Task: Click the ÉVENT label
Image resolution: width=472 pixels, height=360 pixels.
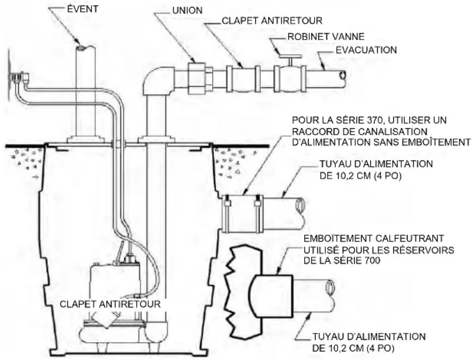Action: point(82,9)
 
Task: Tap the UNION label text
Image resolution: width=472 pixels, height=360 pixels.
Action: point(187,10)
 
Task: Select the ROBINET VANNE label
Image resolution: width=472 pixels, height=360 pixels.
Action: point(326,37)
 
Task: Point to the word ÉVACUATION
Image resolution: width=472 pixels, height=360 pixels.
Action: point(366,49)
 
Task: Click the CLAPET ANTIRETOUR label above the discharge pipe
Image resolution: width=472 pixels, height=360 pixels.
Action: point(272,21)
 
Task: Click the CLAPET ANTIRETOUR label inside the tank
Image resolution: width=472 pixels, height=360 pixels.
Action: point(110,304)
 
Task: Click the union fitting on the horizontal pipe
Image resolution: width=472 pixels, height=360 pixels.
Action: point(197,78)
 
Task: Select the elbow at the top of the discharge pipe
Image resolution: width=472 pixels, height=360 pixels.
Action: point(158,81)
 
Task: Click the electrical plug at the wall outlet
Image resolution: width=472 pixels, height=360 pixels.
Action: point(19,77)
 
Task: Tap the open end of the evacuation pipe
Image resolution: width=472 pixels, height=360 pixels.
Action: point(341,75)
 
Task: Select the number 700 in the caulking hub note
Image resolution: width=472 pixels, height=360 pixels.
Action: point(371,261)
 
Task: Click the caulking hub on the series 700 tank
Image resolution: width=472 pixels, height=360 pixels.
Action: point(271,296)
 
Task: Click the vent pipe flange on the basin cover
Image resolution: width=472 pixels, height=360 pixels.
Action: point(86,140)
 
